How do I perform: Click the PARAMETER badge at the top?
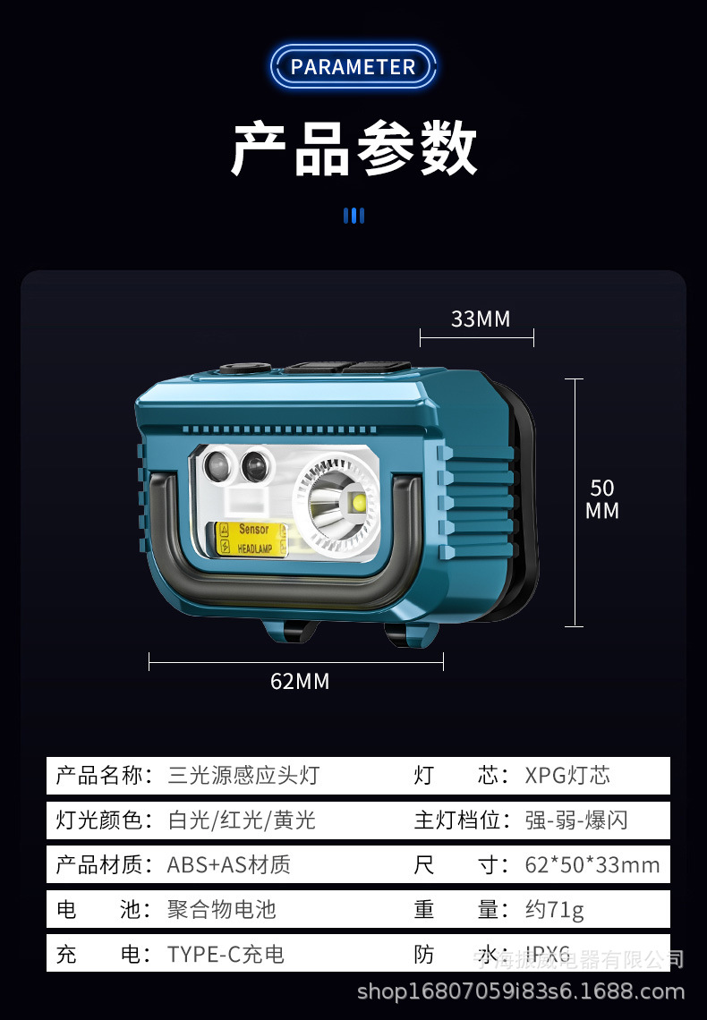pyautogui.click(x=353, y=67)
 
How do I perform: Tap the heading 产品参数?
pyautogui.click(x=353, y=149)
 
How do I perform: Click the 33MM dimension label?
pyautogui.click(x=480, y=319)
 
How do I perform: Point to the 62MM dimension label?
pyautogui.click(x=300, y=682)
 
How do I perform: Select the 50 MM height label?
pyautogui.click(x=602, y=499)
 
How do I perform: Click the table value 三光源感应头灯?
pyautogui.click(x=243, y=775)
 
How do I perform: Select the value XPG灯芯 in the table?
pyautogui.click(x=567, y=775)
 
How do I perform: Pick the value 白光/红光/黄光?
pyautogui.click(x=242, y=820)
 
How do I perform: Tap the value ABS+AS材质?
pyautogui.click(x=228, y=864)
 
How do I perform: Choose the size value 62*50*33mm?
pyautogui.click(x=592, y=864)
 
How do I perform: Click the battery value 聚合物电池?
pyautogui.click(x=221, y=910)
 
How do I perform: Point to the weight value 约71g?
pyautogui.click(x=554, y=910)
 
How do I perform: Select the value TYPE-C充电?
pyautogui.click(x=226, y=955)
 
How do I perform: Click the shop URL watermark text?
pyautogui.click(x=520, y=991)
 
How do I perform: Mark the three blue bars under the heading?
pyautogui.click(x=353, y=216)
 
